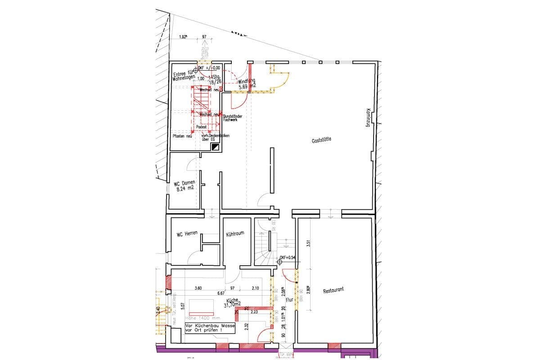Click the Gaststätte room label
click(x=321, y=140)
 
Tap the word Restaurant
click(x=333, y=291)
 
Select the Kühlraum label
click(x=235, y=234)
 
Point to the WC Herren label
click(x=187, y=234)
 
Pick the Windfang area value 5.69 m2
click(x=247, y=86)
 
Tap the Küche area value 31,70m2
click(x=232, y=305)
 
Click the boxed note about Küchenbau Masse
click(x=210, y=327)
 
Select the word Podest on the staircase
click(x=202, y=127)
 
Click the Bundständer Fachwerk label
click(x=233, y=118)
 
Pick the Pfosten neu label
click(x=182, y=136)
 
